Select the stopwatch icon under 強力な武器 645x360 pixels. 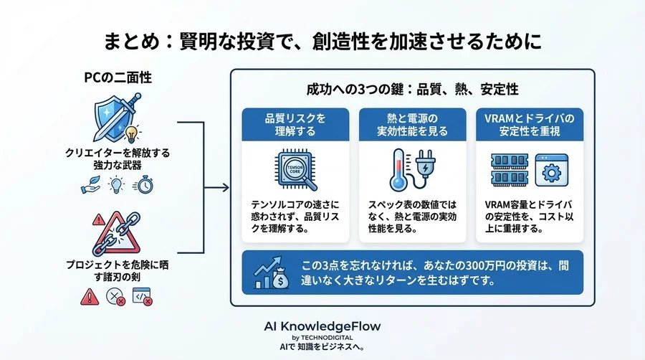[143, 185]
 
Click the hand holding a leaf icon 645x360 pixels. [90, 185]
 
